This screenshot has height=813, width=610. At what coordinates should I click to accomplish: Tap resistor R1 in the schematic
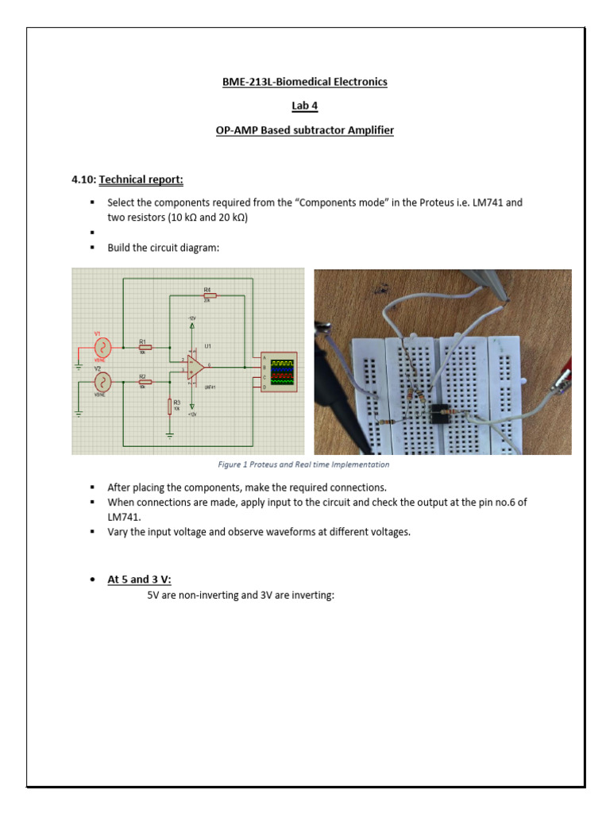pyautogui.click(x=145, y=347)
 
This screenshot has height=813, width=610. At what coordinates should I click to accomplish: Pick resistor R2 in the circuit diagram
pyautogui.click(x=145, y=382)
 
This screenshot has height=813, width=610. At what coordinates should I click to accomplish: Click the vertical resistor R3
pyautogui.click(x=170, y=406)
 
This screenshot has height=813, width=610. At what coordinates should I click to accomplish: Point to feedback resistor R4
pyautogui.click(x=207, y=295)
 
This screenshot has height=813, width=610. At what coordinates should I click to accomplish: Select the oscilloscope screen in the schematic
pyautogui.click(x=283, y=372)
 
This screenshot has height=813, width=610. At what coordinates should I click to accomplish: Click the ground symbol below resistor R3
pyautogui.click(x=170, y=435)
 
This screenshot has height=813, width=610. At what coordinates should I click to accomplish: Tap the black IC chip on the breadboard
pyautogui.click(x=442, y=411)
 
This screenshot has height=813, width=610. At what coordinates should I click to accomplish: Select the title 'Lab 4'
pyautogui.click(x=304, y=106)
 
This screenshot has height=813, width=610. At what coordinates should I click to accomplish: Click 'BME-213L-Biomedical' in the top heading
pyautogui.click(x=267, y=82)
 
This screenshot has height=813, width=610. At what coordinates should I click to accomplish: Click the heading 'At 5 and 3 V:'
pyautogui.click(x=139, y=580)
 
